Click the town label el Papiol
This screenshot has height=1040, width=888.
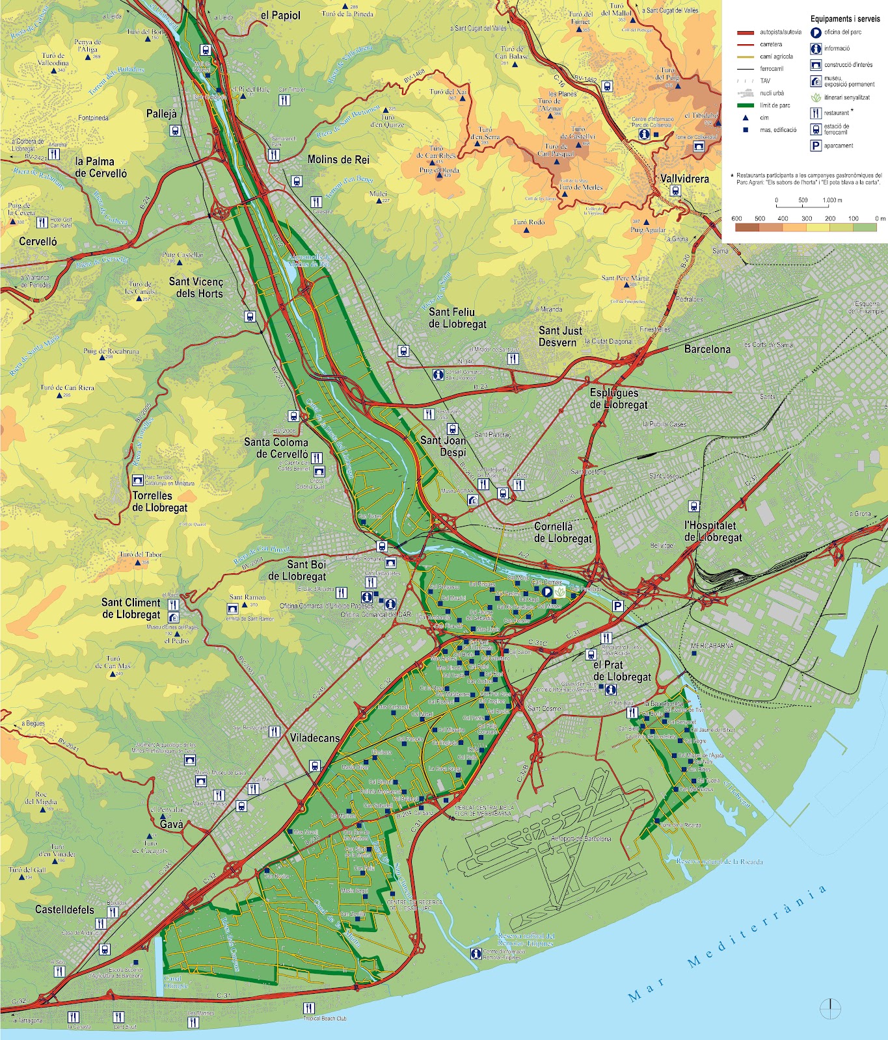pos(280,16)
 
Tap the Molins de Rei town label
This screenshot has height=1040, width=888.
pos(339,160)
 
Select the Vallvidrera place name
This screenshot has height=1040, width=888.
pos(684,178)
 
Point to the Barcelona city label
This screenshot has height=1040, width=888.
pos(707,349)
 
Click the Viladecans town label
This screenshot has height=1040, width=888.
pos(315,738)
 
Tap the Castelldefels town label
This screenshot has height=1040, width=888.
pos(64,909)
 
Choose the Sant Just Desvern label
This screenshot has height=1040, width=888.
pos(560,337)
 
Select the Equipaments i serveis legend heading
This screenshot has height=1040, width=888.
pos(844,19)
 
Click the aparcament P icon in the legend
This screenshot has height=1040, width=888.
pos(815,146)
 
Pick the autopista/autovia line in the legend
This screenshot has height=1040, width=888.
pos(749,32)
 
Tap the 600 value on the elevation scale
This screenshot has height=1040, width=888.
pos(736,219)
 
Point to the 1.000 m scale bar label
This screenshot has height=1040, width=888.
pos(832,200)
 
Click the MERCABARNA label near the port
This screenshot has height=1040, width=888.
pos(712,645)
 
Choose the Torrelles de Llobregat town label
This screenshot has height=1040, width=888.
pos(160,502)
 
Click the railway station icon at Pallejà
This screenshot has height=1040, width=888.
pos(175,131)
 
